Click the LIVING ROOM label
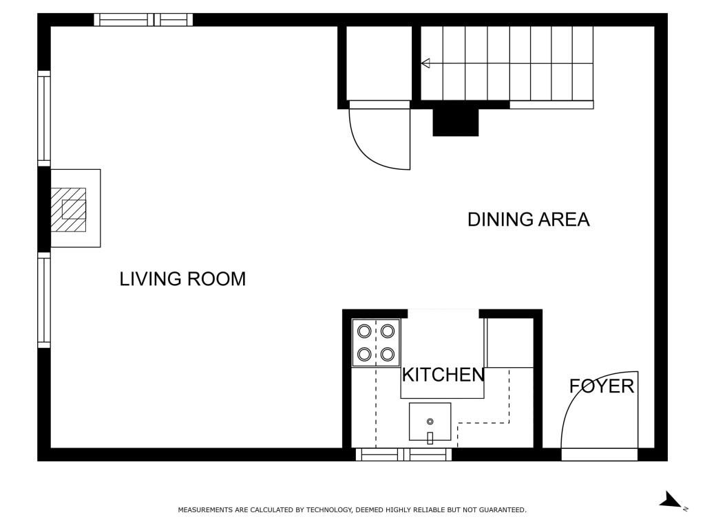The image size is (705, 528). click(182, 279)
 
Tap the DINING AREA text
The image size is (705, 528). click(528, 219)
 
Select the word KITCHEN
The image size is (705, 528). click(443, 375)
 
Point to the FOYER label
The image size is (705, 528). click(602, 386)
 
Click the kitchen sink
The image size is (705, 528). click(430, 421)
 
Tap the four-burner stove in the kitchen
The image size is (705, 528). click(376, 343)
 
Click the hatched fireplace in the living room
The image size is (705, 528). click(68, 210)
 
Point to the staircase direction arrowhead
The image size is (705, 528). click(425, 63)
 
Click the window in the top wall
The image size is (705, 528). click(143, 20)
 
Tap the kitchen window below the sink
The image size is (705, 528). click(403, 454)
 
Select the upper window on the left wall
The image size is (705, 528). click(44, 118)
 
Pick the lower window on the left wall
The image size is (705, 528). click(44, 300)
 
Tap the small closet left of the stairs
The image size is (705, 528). click(379, 63)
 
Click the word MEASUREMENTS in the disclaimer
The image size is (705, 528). click(204, 509)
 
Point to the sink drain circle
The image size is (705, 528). click(430, 421)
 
